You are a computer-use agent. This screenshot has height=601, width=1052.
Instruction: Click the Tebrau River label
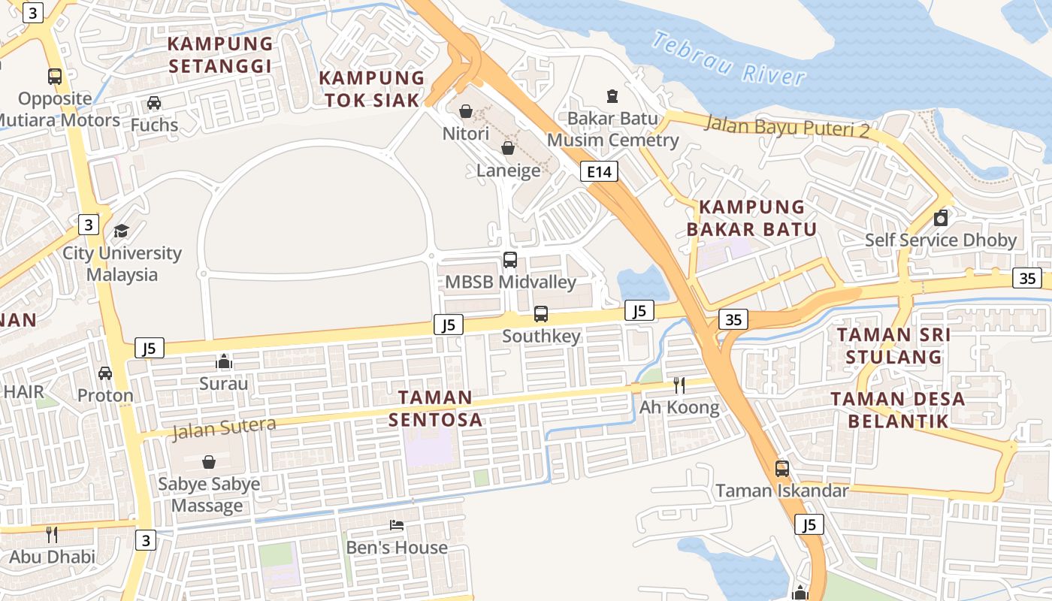click(x=728, y=58)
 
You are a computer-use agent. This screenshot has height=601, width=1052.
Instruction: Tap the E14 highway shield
click(x=599, y=172)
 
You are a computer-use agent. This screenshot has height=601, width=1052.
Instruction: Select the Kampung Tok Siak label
click(x=372, y=89)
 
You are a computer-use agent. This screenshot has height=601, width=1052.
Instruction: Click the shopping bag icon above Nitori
click(x=466, y=111)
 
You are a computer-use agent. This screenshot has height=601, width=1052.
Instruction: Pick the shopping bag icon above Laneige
click(x=508, y=148)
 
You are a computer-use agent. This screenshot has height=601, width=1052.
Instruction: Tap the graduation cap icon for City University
click(x=121, y=231)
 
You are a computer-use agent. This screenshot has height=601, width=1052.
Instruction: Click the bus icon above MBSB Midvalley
click(x=510, y=260)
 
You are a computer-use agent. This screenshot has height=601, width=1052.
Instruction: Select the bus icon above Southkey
click(x=541, y=313)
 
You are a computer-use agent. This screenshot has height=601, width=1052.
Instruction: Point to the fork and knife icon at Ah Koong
click(x=679, y=385)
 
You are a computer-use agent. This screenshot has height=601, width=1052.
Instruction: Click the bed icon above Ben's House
click(x=397, y=525)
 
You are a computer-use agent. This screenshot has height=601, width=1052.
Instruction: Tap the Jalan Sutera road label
click(x=224, y=428)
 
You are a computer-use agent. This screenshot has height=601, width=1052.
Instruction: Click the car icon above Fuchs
click(x=154, y=103)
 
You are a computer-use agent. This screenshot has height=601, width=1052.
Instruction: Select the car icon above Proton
click(x=105, y=373)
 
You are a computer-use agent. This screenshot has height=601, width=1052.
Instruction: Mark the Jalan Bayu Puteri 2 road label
click(x=786, y=125)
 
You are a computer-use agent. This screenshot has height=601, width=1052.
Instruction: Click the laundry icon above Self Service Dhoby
click(x=940, y=219)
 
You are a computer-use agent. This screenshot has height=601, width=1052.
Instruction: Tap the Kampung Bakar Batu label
click(x=751, y=218)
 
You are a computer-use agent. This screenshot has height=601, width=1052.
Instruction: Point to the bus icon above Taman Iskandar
click(x=782, y=469)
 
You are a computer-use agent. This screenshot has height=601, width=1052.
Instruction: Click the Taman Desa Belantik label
click(x=898, y=409)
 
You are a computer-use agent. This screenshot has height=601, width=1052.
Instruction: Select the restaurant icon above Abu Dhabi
click(x=52, y=535)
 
